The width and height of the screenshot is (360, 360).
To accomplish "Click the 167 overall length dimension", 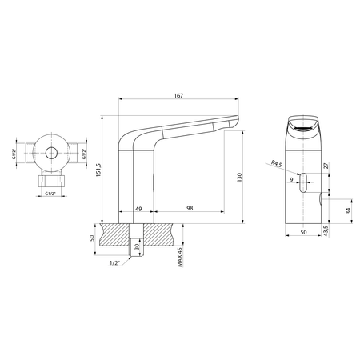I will click(x=178, y=96).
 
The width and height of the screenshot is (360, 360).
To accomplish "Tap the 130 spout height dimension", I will click(x=239, y=177).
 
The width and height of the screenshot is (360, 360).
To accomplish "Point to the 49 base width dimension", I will click(x=138, y=209).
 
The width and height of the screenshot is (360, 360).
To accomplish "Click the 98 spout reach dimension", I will click(x=189, y=209).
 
